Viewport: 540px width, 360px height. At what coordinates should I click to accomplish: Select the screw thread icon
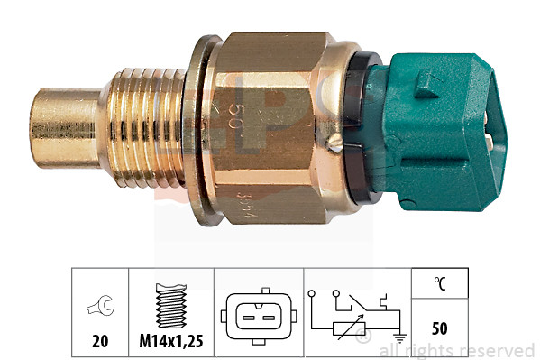(170, 307)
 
